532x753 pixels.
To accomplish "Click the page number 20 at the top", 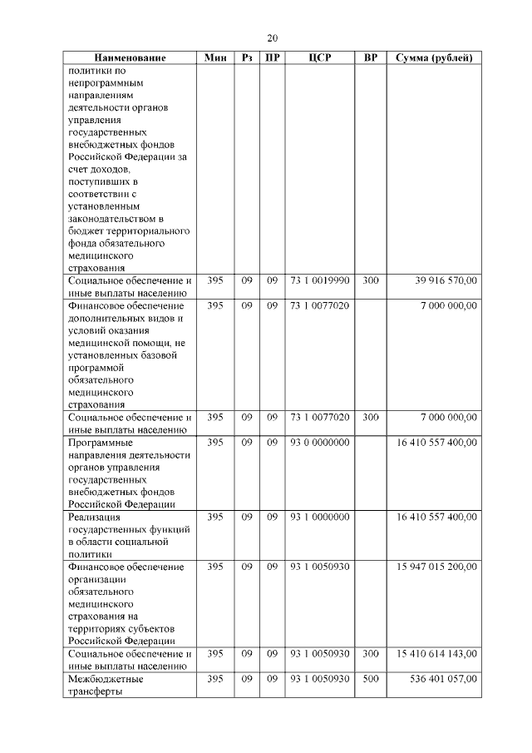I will (273, 38).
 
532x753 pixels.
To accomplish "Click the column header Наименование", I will (130, 58).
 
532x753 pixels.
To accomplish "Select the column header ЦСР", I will (320, 58).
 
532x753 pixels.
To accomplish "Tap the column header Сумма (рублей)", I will (433, 58).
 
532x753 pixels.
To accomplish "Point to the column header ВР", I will (371, 58).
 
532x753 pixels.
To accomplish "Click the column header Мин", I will (215, 58).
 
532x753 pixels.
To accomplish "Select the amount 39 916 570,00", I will (446, 281).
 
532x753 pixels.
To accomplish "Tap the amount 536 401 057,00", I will (443, 679).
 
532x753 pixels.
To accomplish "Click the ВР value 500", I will (371, 679).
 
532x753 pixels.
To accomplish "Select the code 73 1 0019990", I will (320, 281).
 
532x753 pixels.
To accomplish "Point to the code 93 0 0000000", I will (320, 442).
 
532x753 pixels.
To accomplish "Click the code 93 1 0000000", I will (320, 517).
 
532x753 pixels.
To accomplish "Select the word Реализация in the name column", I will (95, 517).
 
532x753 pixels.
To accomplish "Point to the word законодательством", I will (114, 219).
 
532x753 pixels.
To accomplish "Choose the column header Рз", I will (247, 58).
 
